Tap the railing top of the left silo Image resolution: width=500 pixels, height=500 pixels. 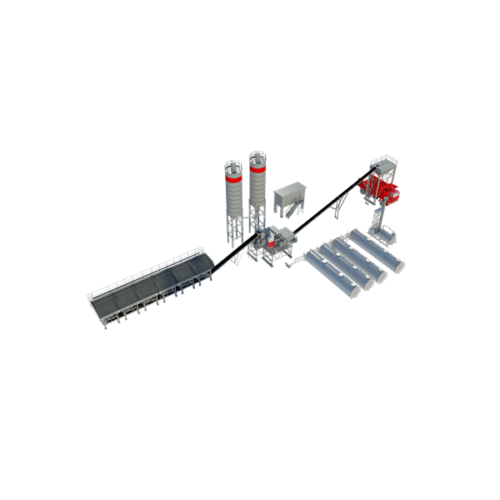233,160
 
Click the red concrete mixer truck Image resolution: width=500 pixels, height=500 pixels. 382,189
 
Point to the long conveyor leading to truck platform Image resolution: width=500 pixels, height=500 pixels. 325,204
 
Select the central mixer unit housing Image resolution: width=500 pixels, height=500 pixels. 278,241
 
